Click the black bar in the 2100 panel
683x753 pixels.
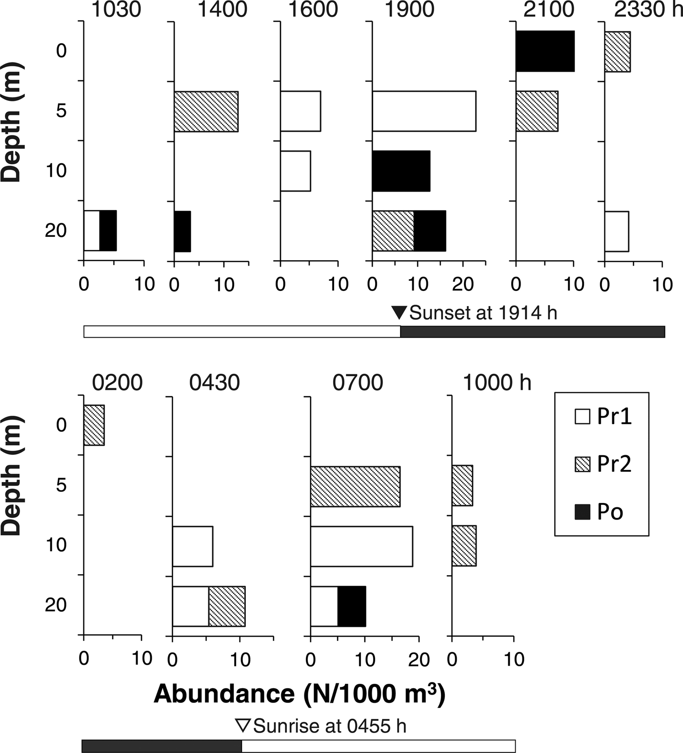pyautogui.click(x=545, y=51)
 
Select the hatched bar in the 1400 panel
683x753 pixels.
pyautogui.click(x=206, y=111)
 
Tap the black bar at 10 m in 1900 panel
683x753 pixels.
pyautogui.click(x=401, y=171)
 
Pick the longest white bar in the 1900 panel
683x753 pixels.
pyautogui.click(x=424, y=111)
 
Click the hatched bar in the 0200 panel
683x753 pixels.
pyautogui.click(x=94, y=425)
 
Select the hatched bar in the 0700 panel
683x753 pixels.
pyautogui.click(x=355, y=486)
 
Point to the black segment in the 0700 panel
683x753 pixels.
pyautogui.click(x=351, y=606)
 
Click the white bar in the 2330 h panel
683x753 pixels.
pyautogui.click(x=617, y=232)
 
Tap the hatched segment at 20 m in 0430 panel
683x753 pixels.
pyautogui.click(x=227, y=606)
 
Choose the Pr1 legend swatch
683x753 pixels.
pyautogui.click(x=583, y=417)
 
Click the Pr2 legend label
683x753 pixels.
pyautogui.click(x=614, y=464)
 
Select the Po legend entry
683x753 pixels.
pyautogui.click(x=610, y=512)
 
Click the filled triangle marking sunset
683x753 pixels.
pyautogui.click(x=399, y=312)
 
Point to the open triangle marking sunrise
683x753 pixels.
pyautogui.click(x=242, y=725)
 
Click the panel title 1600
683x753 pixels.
pyautogui.click(x=313, y=10)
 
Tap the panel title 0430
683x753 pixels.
pyautogui.click(x=215, y=383)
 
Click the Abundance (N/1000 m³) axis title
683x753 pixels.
pyautogui.click(x=300, y=694)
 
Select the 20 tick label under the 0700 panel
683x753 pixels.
pyautogui.click(x=419, y=660)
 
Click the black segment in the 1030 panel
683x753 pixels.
pyautogui.click(x=108, y=231)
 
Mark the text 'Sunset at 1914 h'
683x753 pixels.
pyautogui.click(x=483, y=313)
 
